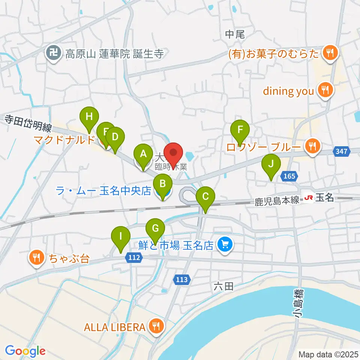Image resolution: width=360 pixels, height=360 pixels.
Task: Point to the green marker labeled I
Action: pos(121,237)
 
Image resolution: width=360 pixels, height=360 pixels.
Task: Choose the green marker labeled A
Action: pos(143,154)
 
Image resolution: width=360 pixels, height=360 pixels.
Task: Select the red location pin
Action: pos(174,153)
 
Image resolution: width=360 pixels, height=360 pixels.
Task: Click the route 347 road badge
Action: pos(342,151)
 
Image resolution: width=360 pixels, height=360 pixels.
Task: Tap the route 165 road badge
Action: pos(289,176)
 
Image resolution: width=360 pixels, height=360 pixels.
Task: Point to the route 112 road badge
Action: pos(136,258)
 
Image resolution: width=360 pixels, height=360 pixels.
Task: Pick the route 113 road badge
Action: pos(181,279)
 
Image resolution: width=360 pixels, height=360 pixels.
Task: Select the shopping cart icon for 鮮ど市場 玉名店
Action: pos(225,246)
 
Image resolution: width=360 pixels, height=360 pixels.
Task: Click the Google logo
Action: pos(25,351)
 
